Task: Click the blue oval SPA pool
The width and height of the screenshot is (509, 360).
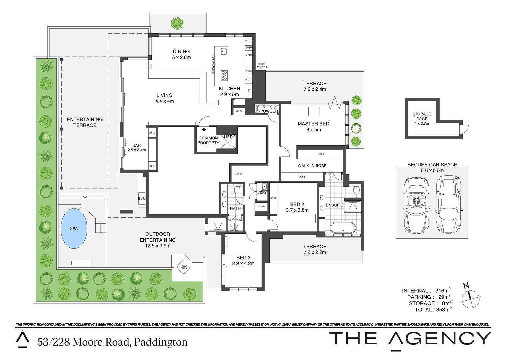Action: pyautogui.click(x=74, y=229)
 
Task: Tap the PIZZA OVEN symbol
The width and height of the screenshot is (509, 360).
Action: pyautogui.click(x=184, y=267)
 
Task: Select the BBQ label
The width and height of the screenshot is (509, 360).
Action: pyautogui.click(x=142, y=198)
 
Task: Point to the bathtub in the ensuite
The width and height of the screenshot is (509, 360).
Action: pyautogui.click(x=342, y=228)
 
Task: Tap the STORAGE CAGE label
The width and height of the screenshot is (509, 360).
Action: pyautogui.click(x=422, y=116)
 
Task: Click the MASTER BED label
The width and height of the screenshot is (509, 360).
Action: pyautogui.click(x=313, y=124)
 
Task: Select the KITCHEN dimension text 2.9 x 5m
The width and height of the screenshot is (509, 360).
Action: pyautogui.click(x=229, y=94)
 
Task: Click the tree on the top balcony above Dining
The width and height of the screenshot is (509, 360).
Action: pyautogui.click(x=177, y=23)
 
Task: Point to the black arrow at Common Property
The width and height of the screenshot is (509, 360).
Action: pyautogui.click(x=203, y=129)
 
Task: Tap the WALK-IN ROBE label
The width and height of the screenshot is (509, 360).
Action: pyautogui.click(x=312, y=166)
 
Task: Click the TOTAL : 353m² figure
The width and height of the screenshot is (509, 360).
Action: pyautogui.click(x=433, y=310)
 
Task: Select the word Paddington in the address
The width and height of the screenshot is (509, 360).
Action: pyautogui.click(x=161, y=342)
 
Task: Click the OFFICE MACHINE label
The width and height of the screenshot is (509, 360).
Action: pyautogui.click(x=262, y=65)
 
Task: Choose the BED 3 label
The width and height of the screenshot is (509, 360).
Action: pyautogui.click(x=243, y=258)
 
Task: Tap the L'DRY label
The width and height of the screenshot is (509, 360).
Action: pyautogui.click(x=262, y=193)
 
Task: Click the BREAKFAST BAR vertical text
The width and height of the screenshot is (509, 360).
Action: pyautogui.click(x=213, y=65)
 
